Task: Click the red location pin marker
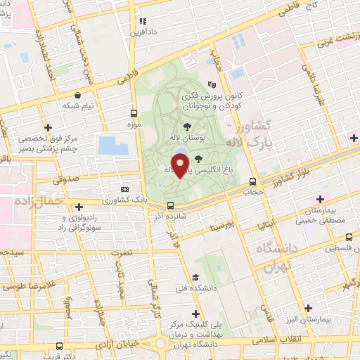click(181, 166)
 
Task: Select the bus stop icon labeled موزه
click(134, 113)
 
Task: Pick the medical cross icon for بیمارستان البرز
click(307, 308)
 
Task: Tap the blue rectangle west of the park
click(113, 146)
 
